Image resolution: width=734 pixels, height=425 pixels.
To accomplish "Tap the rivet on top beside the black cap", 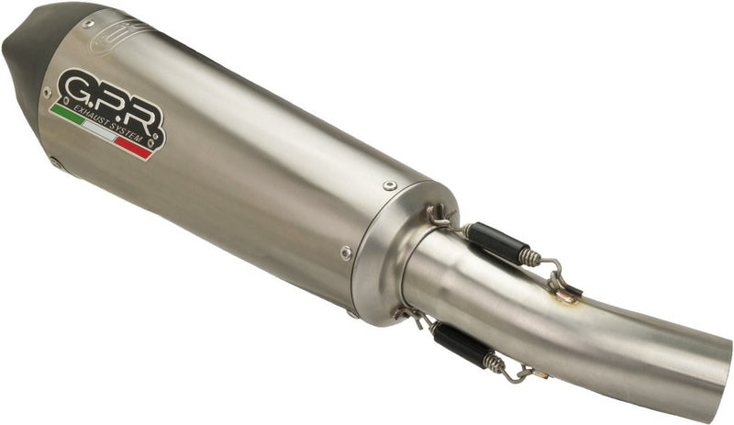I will [88, 23].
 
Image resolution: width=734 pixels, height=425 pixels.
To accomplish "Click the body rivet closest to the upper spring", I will [390, 186].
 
